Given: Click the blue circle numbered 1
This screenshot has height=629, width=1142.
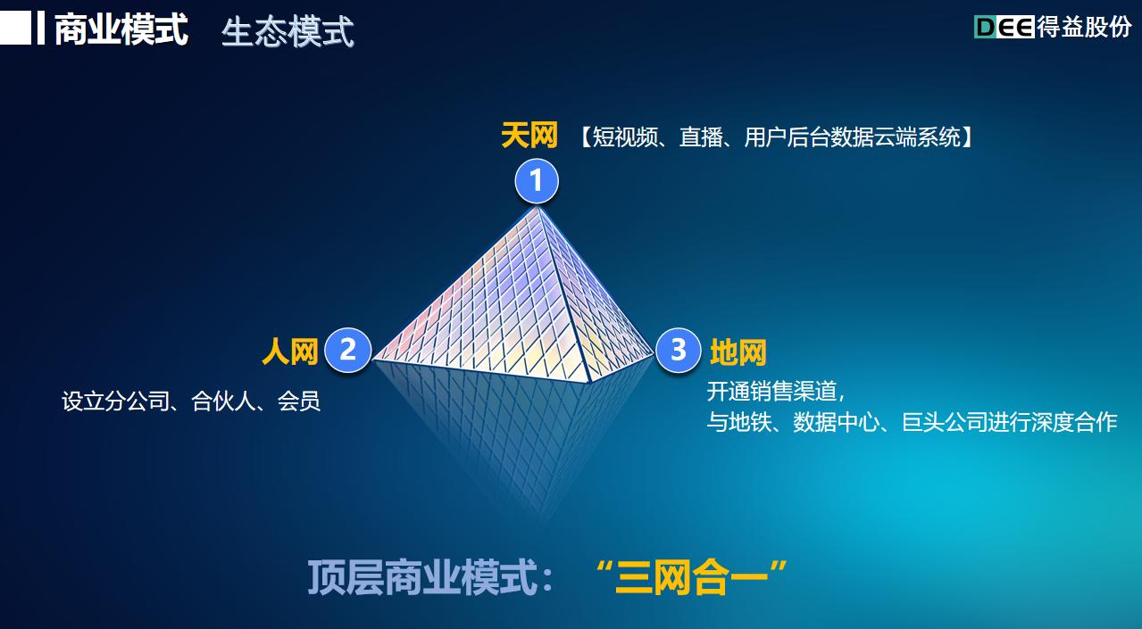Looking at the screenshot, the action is click(x=537, y=181).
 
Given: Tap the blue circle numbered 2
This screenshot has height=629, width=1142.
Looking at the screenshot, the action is click(x=347, y=350).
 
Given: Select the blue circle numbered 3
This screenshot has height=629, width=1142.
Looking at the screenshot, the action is click(x=678, y=350).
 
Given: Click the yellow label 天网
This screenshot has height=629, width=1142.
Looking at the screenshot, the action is click(x=529, y=136).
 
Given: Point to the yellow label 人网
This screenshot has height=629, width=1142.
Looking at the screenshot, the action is click(x=290, y=352).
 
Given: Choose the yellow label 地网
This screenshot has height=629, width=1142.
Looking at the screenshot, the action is click(x=738, y=352).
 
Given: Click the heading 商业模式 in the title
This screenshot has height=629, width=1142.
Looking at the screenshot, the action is click(x=121, y=29).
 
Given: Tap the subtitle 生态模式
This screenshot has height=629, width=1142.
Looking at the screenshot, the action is click(x=288, y=32).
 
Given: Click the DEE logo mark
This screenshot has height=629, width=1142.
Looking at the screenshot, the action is click(x=1004, y=27).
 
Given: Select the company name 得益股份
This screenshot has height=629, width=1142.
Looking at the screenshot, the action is click(x=1084, y=27).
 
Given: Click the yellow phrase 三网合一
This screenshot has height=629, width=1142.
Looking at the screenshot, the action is click(x=691, y=577).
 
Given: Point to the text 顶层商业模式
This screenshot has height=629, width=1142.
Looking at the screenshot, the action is click(x=422, y=577).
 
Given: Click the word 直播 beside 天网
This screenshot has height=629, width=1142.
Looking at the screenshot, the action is click(x=701, y=137).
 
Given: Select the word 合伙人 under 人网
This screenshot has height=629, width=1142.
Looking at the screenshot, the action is click(x=223, y=401).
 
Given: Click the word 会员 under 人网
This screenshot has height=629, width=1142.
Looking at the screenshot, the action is click(x=299, y=401).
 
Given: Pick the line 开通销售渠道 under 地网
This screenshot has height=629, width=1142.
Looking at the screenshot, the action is click(x=771, y=391).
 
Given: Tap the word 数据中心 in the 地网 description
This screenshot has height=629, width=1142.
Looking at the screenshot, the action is click(x=836, y=422).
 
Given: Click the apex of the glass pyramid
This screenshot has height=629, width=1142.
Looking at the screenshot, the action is click(x=538, y=207).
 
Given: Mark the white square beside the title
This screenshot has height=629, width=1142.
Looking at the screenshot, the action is click(x=15, y=28).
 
